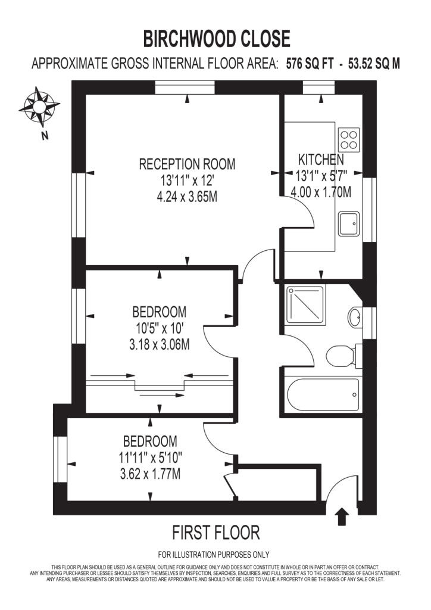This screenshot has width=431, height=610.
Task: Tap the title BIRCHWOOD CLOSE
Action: click(216, 39)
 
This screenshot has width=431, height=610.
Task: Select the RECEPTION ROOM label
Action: click(187, 163)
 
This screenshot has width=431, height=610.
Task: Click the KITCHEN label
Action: click(321, 160)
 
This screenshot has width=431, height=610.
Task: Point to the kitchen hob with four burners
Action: click(349, 139)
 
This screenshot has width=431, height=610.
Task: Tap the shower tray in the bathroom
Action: click(305, 306)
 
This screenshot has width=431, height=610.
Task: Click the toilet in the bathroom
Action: click(341, 354)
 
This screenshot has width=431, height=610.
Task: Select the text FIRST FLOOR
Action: click(216, 532)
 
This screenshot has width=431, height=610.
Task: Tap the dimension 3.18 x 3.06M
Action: click(159, 344)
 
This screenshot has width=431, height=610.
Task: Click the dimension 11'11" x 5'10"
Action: click(150, 458)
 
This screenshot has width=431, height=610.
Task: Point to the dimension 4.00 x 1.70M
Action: click(321, 192)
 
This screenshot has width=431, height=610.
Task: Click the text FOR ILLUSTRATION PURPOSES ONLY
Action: click(214, 553)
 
